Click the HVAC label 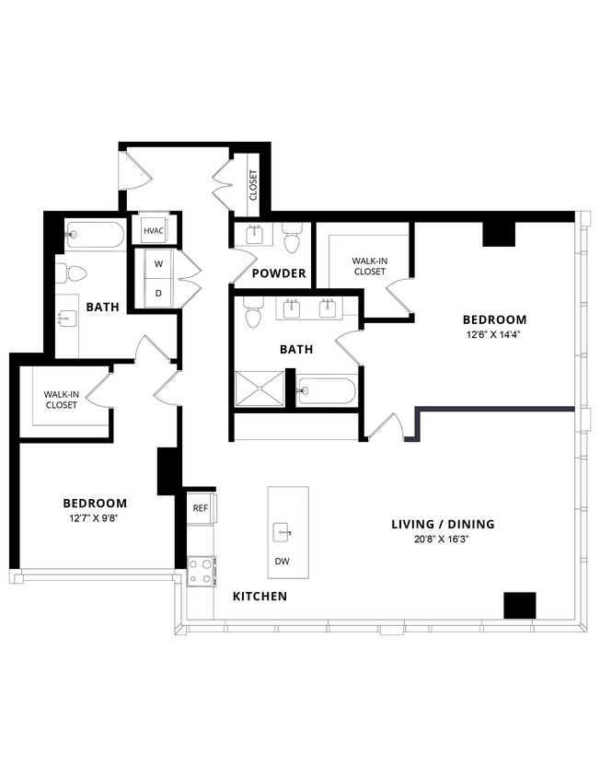point(153,230)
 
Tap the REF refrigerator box point(201,507)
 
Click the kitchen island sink point(282,532)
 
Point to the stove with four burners point(201,571)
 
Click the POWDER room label point(278,273)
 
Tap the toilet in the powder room point(292,238)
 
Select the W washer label point(158,264)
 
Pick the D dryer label point(158,293)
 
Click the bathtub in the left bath point(95,235)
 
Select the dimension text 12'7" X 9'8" point(94,518)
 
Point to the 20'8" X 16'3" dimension point(443,539)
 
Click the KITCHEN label point(260,597)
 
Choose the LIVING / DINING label point(443,524)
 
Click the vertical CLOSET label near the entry point(253,186)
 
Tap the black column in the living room point(519,605)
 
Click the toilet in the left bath point(72,273)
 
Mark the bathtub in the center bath point(327,391)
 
